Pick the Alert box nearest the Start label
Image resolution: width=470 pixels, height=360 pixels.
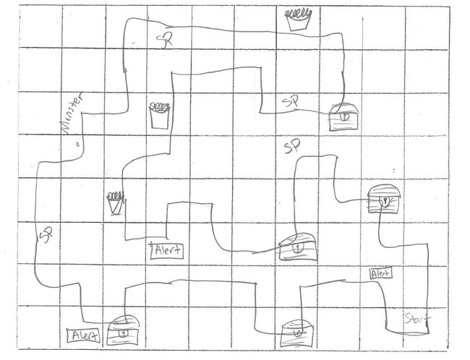380,273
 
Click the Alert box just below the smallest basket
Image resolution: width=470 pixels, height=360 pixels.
166,251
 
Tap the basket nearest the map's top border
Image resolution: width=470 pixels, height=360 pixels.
297,19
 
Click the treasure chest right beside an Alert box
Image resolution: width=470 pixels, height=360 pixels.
122,332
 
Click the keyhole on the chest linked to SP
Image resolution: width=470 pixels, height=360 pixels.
343,115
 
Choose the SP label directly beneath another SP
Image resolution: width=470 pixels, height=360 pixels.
291,148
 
